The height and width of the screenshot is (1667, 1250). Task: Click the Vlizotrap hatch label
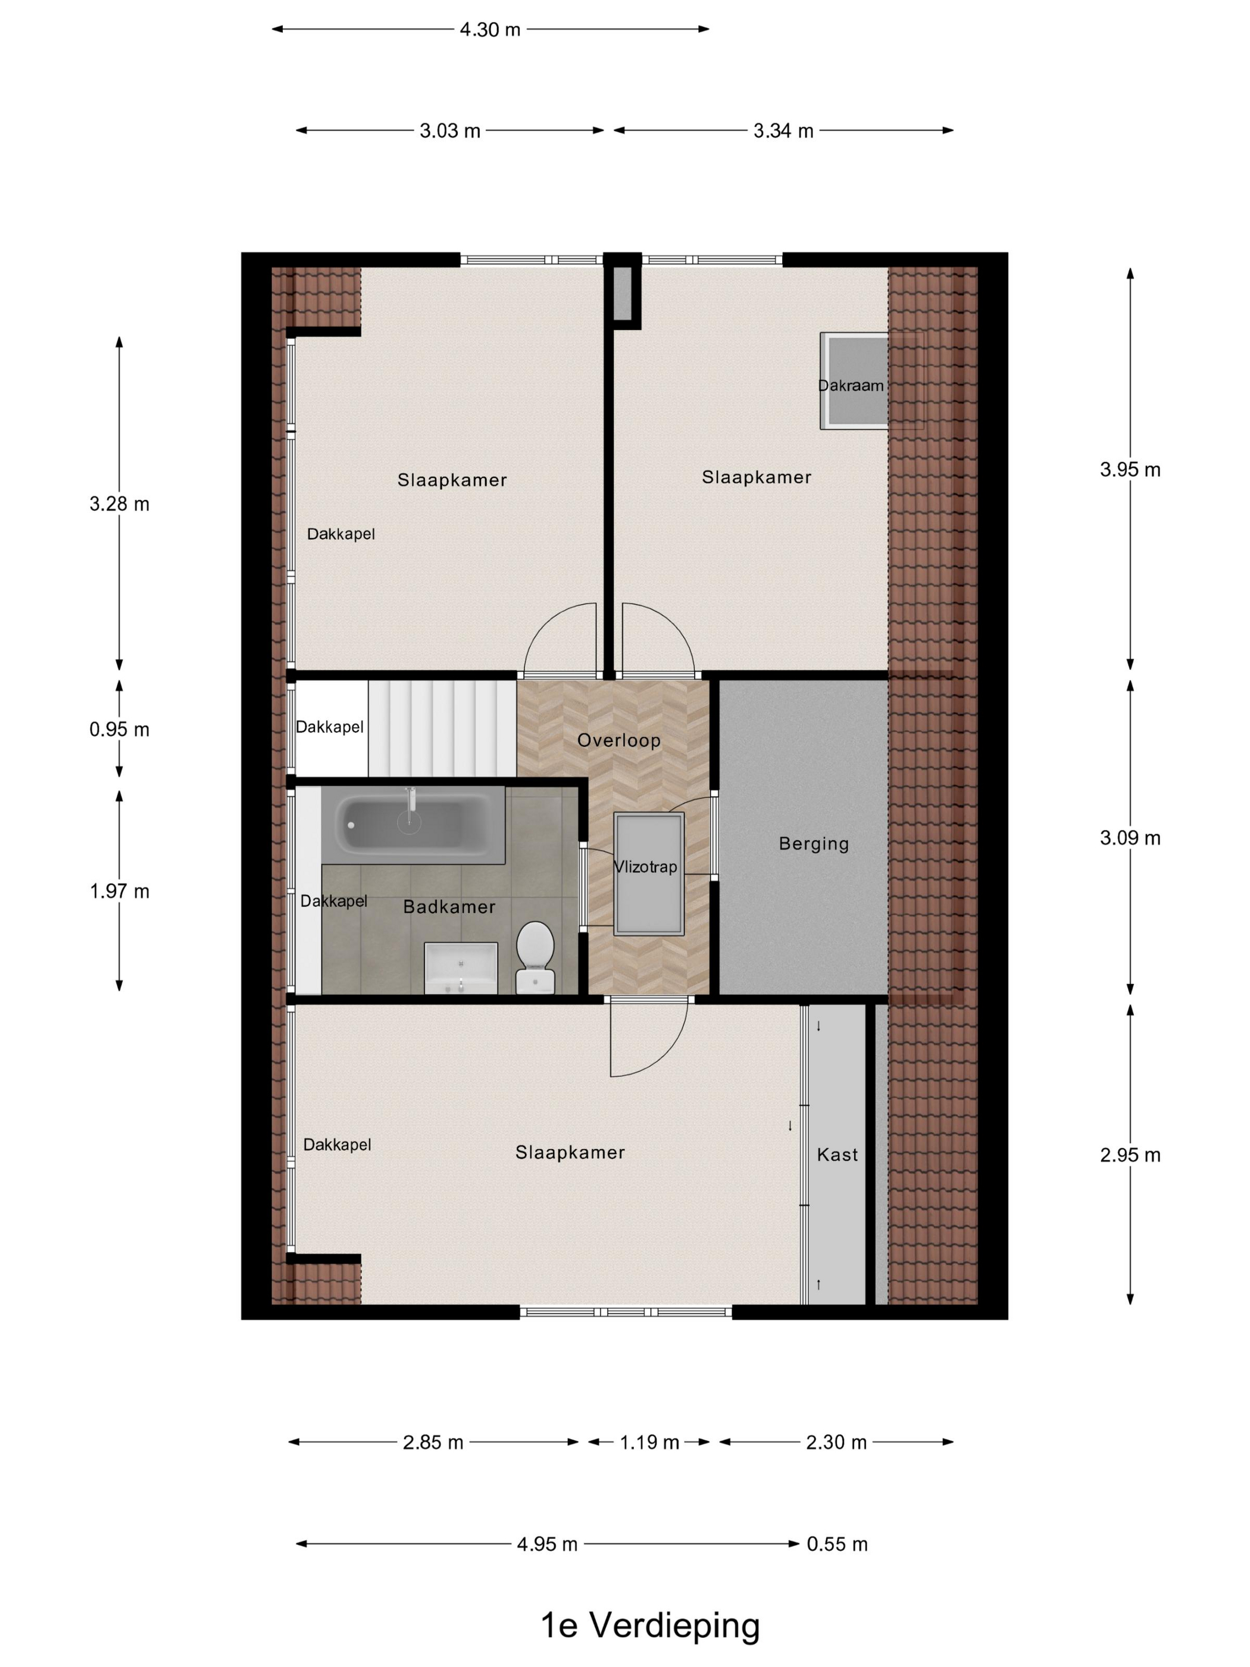[645, 867]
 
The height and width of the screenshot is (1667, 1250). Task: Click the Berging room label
[813, 844]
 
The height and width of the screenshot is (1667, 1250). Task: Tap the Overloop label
[618, 741]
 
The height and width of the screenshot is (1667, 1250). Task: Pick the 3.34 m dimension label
[783, 131]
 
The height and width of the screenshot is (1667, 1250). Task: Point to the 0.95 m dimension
[119, 729]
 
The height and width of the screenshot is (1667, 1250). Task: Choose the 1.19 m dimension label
[649, 1443]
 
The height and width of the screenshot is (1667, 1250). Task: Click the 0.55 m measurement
[837, 1544]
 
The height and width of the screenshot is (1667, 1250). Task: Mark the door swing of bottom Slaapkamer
[648, 1040]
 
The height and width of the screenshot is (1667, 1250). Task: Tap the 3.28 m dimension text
[119, 504]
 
